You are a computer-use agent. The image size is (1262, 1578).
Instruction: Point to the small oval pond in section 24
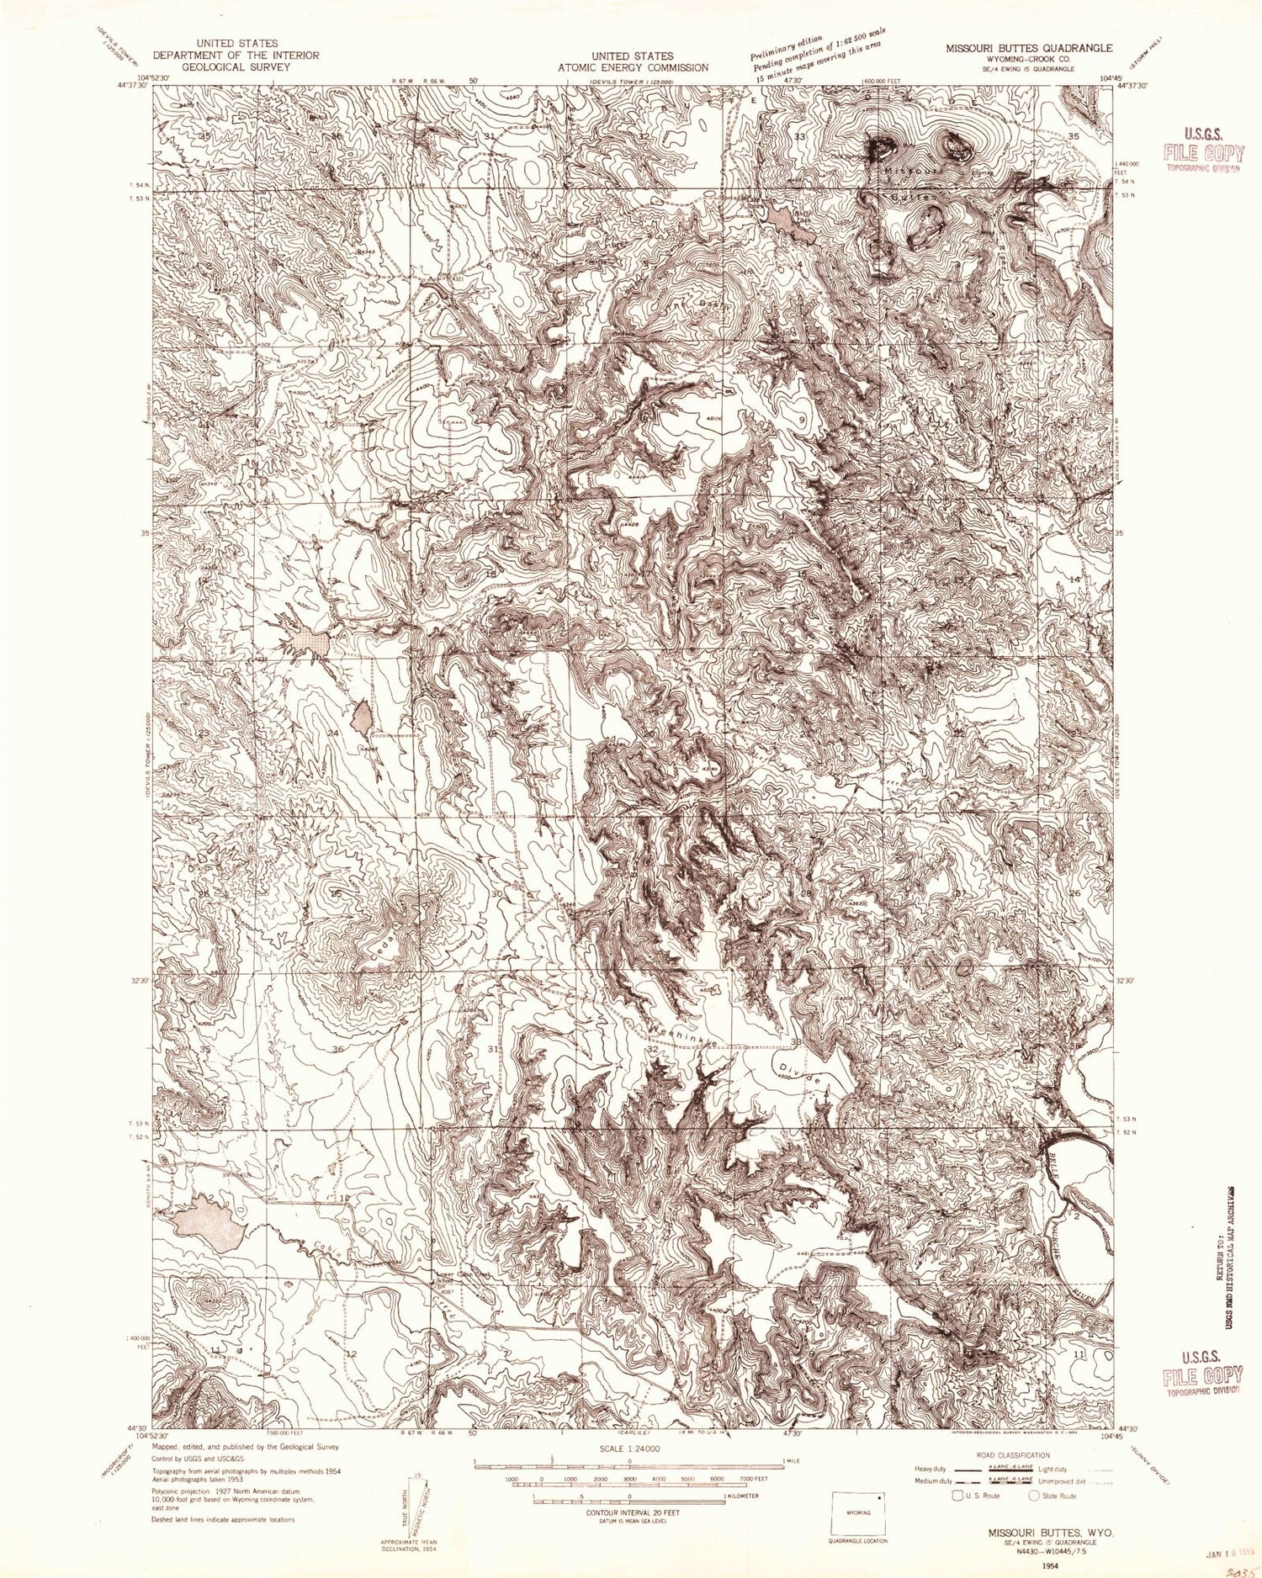tap(363, 716)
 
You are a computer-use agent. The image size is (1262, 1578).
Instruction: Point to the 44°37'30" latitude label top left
tap(134, 84)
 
